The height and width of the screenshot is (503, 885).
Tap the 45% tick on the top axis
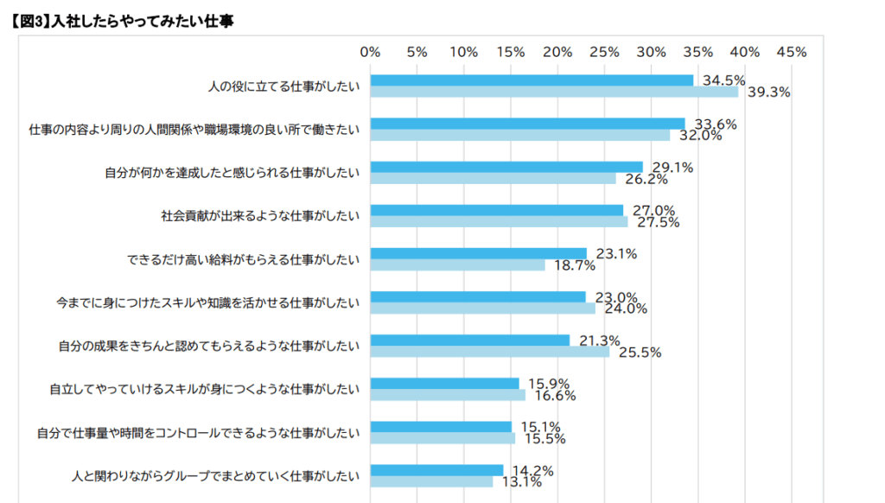coord(791,52)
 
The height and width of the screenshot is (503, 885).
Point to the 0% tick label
coord(370,52)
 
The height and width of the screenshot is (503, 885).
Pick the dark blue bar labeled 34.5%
coord(532,80)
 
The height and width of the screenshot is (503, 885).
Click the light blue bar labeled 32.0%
coord(519,136)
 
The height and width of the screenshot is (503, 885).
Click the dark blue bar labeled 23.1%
coord(478,253)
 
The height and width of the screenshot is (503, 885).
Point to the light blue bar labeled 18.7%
coord(457,265)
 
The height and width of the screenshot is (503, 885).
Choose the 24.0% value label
coord(626,309)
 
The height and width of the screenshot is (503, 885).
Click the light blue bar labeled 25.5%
coord(489,352)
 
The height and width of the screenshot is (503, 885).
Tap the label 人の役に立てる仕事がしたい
coord(283,86)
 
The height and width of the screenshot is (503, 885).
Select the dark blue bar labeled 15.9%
coord(444,383)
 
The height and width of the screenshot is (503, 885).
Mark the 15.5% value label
coord(544,438)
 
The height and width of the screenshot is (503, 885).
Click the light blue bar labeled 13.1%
coord(431,481)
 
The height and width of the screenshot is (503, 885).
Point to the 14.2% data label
coord(532,471)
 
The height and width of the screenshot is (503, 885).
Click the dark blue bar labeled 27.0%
coord(496,210)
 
